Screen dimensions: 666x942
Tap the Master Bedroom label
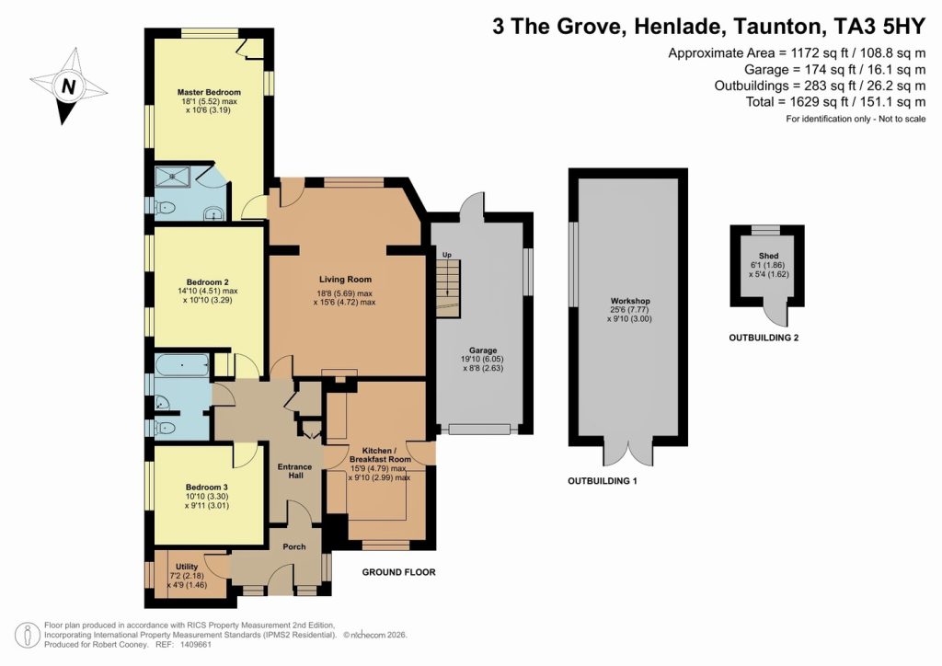pos(209,93)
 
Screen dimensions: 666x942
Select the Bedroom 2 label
pos(208,281)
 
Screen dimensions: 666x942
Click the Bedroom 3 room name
pos(207,487)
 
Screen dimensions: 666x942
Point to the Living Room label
pos(345,279)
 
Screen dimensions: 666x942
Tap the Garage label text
pos(483,350)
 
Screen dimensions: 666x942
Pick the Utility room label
pos(187,567)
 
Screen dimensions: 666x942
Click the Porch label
pos(293,547)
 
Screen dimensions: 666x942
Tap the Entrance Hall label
pos(295,472)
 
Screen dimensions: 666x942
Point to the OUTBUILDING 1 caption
pos(602,481)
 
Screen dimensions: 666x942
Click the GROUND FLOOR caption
pos(398,572)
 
